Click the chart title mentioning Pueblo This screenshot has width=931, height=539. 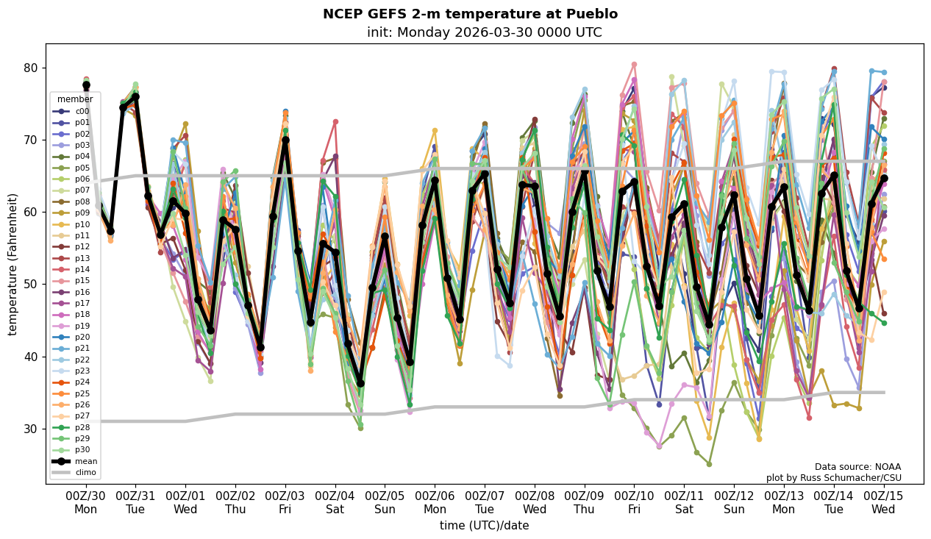coord(470,14)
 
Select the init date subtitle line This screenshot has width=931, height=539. coord(484,32)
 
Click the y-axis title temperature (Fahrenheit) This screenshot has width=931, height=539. coord(13,264)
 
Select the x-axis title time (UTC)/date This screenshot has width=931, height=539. coord(484,526)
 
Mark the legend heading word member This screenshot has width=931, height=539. coord(75,99)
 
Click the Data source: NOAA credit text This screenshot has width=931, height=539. coord(857,467)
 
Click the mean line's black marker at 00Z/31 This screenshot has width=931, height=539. coord(135,97)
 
